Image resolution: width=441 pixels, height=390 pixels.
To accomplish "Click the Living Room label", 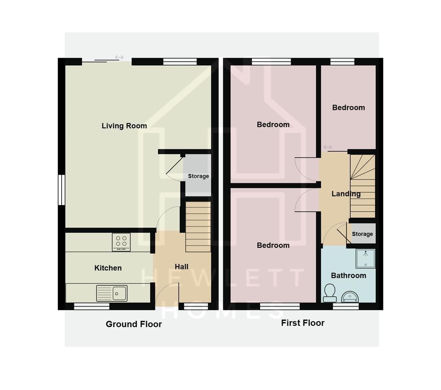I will point(124,126).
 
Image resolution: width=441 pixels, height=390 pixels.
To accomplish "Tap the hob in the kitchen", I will point(121,242).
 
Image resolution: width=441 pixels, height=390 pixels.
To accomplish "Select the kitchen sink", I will point(112,293).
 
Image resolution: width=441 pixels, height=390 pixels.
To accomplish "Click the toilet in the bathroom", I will point(330,293).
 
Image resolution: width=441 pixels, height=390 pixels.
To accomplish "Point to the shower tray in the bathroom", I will point(365,259).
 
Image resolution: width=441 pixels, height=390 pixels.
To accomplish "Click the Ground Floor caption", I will point(133,324).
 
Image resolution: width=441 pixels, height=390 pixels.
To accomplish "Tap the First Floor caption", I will point(303,323).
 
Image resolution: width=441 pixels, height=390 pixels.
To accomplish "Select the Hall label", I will point(181,266).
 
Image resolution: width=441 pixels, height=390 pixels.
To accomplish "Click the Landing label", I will point(346,194).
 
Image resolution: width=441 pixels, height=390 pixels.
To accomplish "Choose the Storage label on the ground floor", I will point(198,176).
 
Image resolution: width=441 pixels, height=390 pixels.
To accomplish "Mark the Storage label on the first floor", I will point(362,234).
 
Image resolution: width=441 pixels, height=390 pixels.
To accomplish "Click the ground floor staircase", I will point(198,227).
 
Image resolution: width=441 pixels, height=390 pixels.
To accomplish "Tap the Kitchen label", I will point(108,268).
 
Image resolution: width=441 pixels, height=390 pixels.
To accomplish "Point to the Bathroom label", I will point(348,276).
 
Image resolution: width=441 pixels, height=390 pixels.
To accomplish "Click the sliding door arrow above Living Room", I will point(119,57).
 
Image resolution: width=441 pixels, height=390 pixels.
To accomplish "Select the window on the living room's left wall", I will point(62,190).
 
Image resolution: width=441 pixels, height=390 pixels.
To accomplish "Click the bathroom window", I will point(345,306).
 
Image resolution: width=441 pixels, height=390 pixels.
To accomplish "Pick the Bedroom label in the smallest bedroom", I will point(348,108).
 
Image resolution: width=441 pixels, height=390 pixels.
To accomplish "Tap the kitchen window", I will point(92,306).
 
